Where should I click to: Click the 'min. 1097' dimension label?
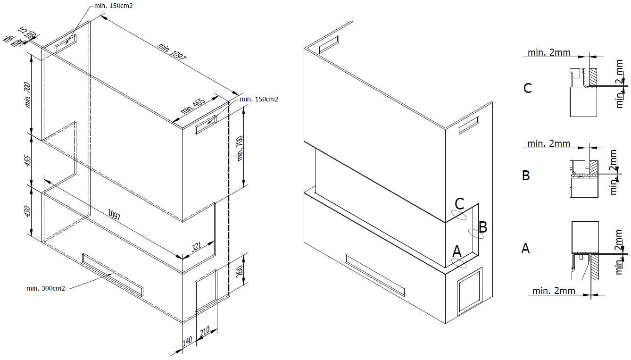tap(172, 51)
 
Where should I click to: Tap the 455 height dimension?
tap(28, 160)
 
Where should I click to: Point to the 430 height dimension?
tap(28, 211)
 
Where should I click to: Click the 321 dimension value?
tap(196, 247)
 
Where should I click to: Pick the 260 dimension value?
tap(239, 271)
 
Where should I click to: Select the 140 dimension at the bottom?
tap(187, 340)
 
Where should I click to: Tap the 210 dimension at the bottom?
tap(205, 331)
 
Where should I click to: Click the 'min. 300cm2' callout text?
tap(46, 288)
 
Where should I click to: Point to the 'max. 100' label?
tap(24, 39)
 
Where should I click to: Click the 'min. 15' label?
tap(16, 34)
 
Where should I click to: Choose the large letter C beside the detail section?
tap(527, 88)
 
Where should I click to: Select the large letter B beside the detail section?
tap(526, 175)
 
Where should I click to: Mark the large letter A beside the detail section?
tap(525, 248)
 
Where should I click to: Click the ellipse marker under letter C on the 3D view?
tap(458, 215)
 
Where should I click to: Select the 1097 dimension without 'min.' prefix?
tap(114, 215)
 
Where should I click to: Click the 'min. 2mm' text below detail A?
tap(554, 290)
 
